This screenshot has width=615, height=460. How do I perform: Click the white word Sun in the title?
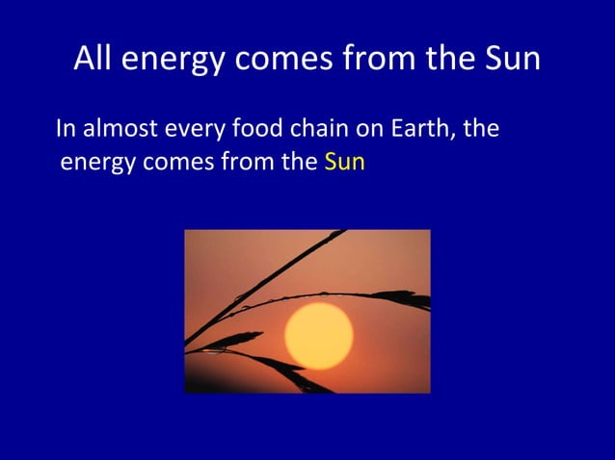pyautogui.click(x=509, y=60)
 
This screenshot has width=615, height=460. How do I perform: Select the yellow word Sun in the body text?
pyautogui.click(x=345, y=161)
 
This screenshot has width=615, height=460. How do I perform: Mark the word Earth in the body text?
pyautogui.click(x=420, y=128)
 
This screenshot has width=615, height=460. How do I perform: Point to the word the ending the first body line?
pyautogui.click(x=481, y=128)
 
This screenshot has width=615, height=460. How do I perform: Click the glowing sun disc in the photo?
pyautogui.click(x=318, y=330)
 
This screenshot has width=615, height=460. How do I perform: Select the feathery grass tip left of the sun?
pyautogui.click(x=231, y=340)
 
